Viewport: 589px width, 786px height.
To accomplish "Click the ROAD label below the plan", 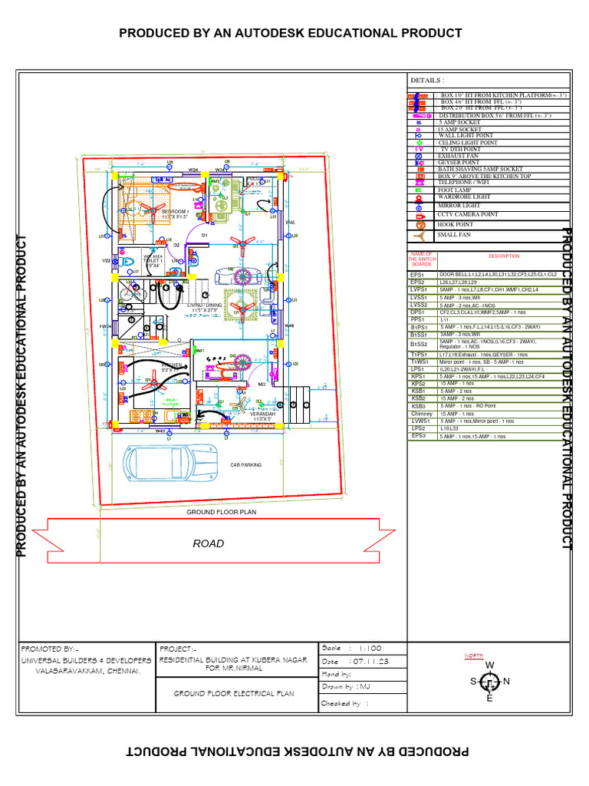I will pyautogui.click(x=208, y=543).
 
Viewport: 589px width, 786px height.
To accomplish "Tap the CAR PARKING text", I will pyautogui.click(x=246, y=465).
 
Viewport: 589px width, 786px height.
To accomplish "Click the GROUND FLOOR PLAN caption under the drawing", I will pyautogui.click(x=222, y=511).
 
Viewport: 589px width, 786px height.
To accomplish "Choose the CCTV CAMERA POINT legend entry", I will pyautogui.click(x=467, y=215).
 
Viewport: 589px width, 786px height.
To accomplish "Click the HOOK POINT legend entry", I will pyautogui.click(x=456, y=224).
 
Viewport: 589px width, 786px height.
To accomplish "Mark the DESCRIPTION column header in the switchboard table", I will pyautogui.click(x=504, y=256).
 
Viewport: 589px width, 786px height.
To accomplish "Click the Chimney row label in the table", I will pyautogui.click(x=421, y=414).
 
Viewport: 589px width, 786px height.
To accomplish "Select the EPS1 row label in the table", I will pyautogui.click(x=417, y=274).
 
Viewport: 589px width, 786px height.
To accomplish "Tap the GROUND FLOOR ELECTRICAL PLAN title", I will pyautogui.click(x=234, y=693).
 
